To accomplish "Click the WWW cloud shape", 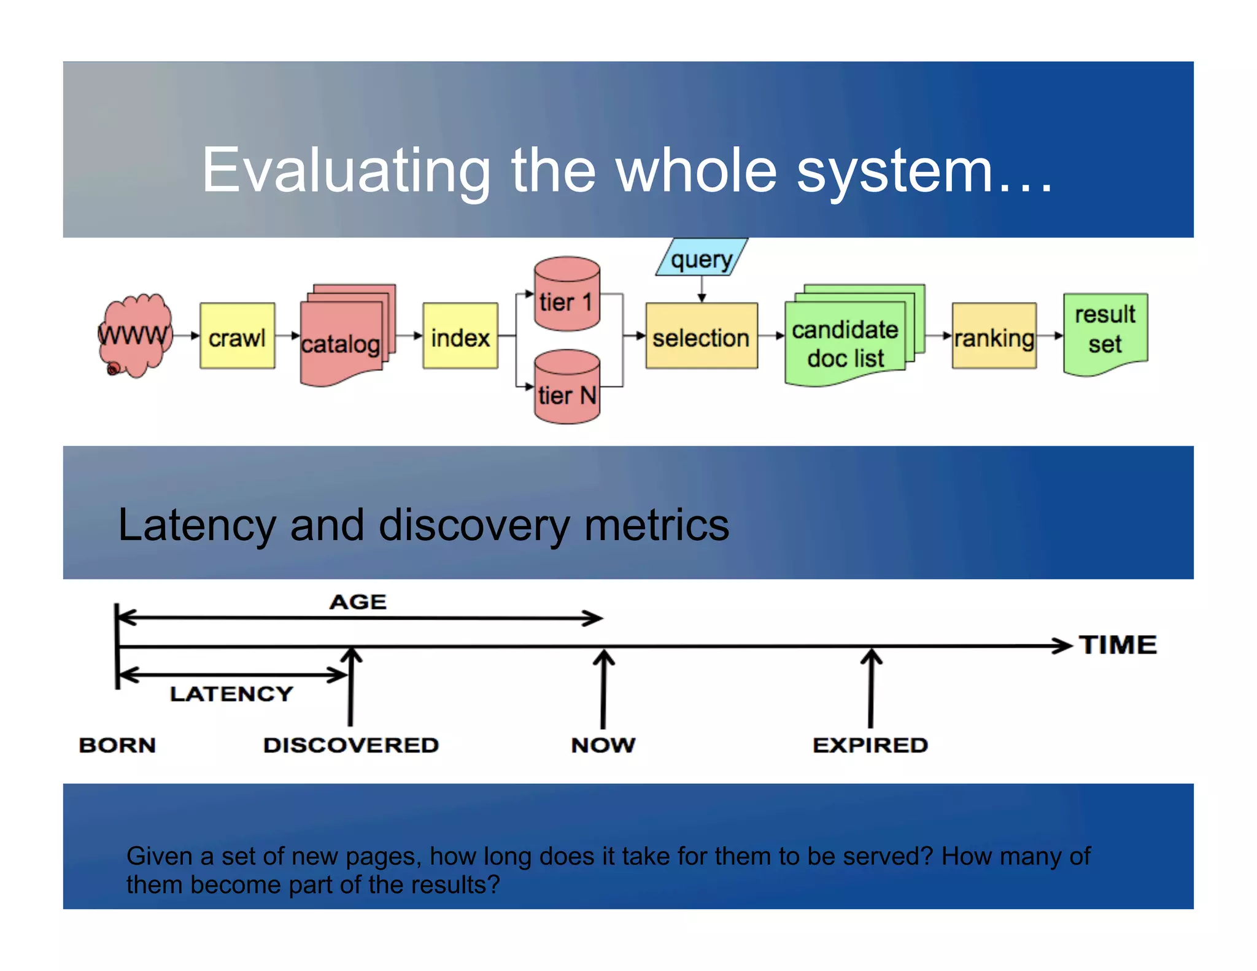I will [134, 335].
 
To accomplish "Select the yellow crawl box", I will [237, 336].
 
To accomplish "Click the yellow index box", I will [460, 336].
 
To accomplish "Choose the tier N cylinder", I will [567, 388].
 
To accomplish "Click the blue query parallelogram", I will [702, 258].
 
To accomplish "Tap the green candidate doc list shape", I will [846, 341].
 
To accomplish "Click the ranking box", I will [994, 336].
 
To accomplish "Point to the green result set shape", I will [1105, 331].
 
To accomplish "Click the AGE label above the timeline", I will [358, 602].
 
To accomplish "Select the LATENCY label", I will [231, 694].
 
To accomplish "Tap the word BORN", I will [117, 745].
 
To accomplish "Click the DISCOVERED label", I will [351, 745].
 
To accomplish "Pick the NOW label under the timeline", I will [603, 745].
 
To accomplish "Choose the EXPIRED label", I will [870, 745].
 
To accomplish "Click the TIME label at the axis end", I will [1118, 645].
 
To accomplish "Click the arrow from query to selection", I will [702, 289].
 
